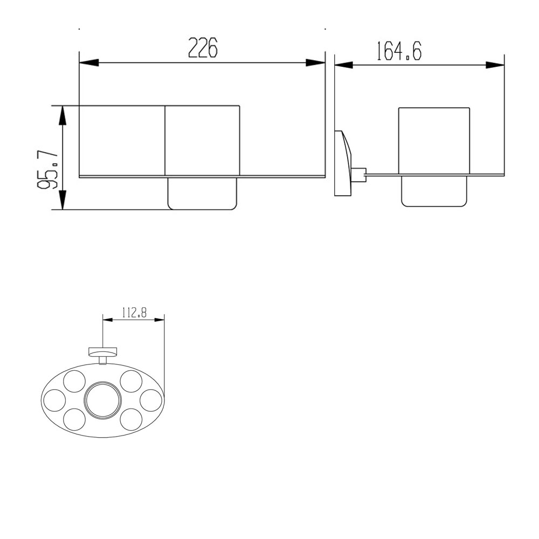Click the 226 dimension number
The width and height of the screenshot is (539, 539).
pos(202,49)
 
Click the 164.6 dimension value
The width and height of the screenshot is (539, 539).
pos(399,51)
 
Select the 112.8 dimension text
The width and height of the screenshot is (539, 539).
pos(134,313)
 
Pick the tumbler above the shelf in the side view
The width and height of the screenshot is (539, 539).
pos(434,140)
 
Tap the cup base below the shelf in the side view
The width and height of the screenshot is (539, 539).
pos(434,191)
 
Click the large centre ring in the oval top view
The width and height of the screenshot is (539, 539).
pos(102,402)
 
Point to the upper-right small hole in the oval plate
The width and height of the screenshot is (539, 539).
pos(131,381)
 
